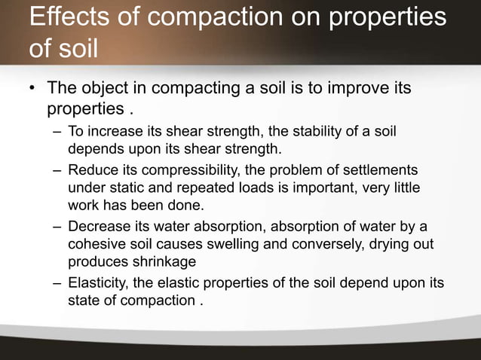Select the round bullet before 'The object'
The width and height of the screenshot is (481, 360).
pyautogui.click(x=32, y=90)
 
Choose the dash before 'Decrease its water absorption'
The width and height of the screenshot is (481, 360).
pyautogui.click(x=58, y=227)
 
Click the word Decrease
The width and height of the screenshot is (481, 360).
pyautogui.click(x=97, y=227)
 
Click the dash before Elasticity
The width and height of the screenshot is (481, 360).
pyautogui.click(x=58, y=284)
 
